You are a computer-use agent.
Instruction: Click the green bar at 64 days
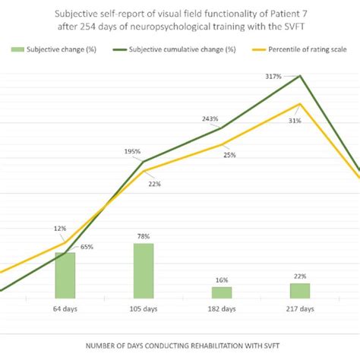tap(65, 275)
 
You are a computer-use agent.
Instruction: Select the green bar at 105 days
tap(144, 270)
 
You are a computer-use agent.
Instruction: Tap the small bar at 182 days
tap(221, 292)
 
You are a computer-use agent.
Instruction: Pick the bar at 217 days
tap(299, 290)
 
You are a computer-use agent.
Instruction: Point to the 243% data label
tap(210, 118)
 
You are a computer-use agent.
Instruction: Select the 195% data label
tap(132, 152)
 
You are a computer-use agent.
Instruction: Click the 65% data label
tap(87, 247)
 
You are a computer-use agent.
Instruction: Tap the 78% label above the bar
tap(144, 237)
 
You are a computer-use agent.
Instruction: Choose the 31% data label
tap(294, 121)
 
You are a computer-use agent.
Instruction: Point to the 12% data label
tap(60, 228)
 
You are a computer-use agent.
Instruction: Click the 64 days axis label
tap(65, 309)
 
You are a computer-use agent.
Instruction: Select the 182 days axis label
tap(221, 309)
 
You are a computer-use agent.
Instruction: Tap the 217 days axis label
tap(299, 309)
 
